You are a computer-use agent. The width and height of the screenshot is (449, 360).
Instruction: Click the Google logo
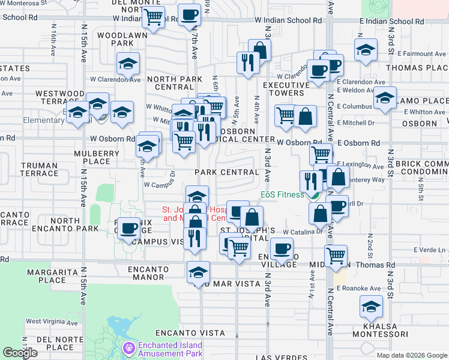[x=20, y=353]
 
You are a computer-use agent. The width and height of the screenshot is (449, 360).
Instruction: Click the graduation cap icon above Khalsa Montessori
[x=372, y=307]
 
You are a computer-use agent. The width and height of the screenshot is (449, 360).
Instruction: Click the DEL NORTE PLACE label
[x=55, y=343]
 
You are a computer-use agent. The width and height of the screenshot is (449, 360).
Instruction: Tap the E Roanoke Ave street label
[x=359, y=288]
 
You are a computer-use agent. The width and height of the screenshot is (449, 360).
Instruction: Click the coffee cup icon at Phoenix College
[x=129, y=228]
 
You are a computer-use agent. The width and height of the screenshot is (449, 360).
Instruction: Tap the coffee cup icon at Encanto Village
[x=281, y=248]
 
